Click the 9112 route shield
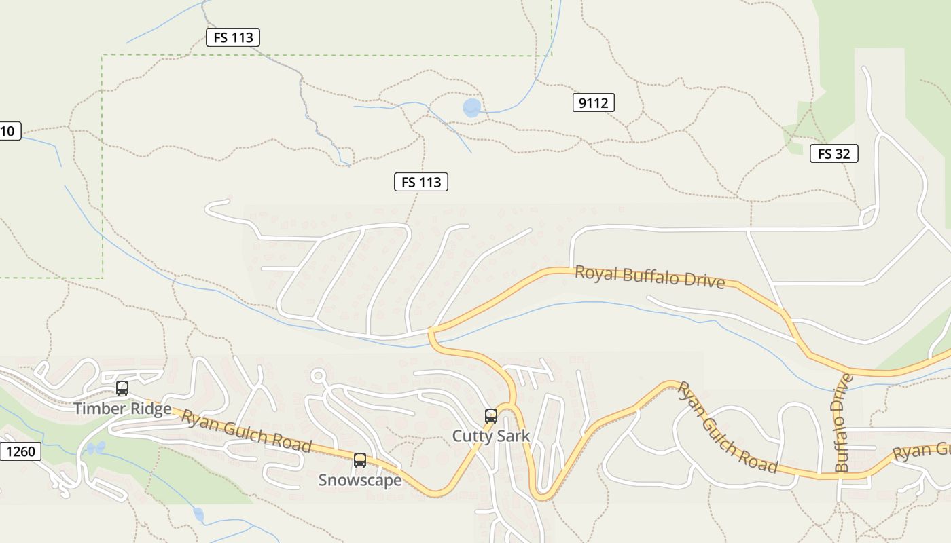click(x=593, y=103)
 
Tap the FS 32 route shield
click(x=833, y=153)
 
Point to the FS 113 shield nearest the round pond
click(x=421, y=182)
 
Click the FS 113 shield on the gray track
click(x=233, y=37)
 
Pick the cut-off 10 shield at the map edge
click(x=9, y=131)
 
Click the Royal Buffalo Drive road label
click(x=649, y=277)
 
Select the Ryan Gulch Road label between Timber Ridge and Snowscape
click(x=246, y=430)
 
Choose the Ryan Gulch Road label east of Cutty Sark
click(x=727, y=428)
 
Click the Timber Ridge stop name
click(x=122, y=409)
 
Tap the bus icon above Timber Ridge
click(x=122, y=389)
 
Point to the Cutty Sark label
click(x=490, y=436)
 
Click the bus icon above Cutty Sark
click(x=490, y=416)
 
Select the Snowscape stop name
click(x=360, y=480)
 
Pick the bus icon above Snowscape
click(x=360, y=460)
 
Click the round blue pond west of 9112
click(x=471, y=107)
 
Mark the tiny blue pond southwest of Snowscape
click(x=198, y=514)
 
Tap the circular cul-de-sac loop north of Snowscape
click(x=317, y=375)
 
